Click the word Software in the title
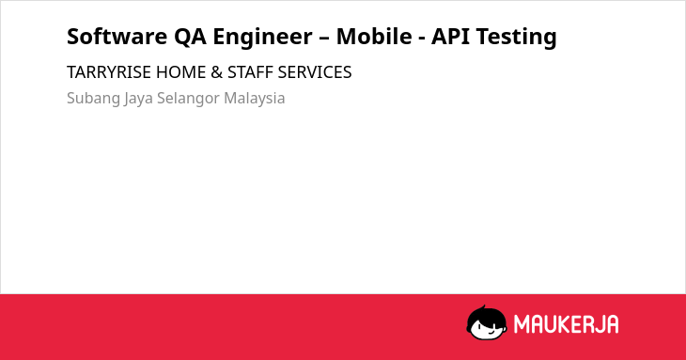click(x=117, y=37)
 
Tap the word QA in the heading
click(x=191, y=37)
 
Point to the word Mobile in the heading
click(x=374, y=37)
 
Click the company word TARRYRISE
click(x=109, y=72)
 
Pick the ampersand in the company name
click(x=216, y=72)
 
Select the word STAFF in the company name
click(x=250, y=72)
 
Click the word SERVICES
click(x=315, y=72)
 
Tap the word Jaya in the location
click(x=138, y=99)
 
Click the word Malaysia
click(x=254, y=99)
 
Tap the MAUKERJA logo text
click(x=566, y=324)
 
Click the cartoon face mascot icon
click(x=487, y=323)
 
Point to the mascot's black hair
click(x=486, y=315)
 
